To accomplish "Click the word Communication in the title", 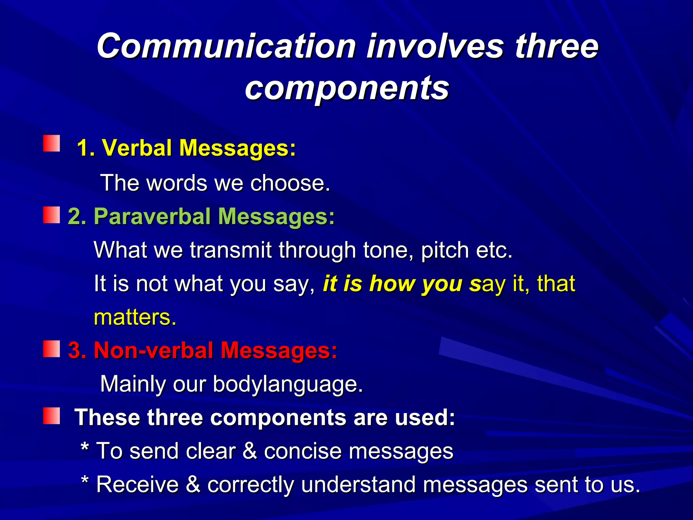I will point(226,46).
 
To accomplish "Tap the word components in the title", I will point(347,88).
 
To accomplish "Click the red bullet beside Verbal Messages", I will point(51,144).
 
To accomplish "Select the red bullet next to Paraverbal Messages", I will point(51,215).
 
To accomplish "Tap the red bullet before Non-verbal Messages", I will point(51,349).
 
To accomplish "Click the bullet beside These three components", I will point(51,416).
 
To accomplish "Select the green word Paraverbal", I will point(152,216).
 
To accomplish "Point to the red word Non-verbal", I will point(153,350).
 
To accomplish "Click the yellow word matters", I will point(135,318).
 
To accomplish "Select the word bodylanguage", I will point(288,384).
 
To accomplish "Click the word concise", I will point(303,451).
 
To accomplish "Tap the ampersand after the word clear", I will point(249,451).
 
